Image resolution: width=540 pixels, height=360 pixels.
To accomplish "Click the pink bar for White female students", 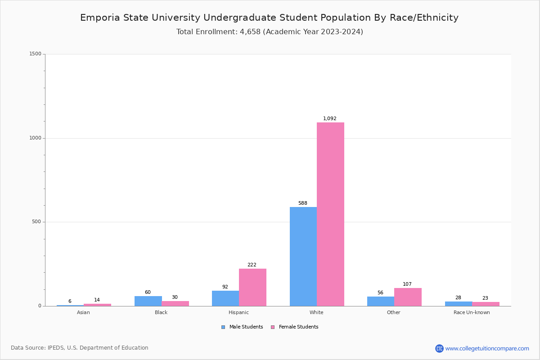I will pyautogui.click(x=330, y=214).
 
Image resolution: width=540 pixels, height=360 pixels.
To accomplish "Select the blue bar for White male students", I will pyautogui.click(x=303, y=256).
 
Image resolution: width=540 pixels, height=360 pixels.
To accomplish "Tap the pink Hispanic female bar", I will pyautogui.click(x=252, y=287).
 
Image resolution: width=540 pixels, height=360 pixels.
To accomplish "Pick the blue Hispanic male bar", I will pyautogui.click(x=225, y=298).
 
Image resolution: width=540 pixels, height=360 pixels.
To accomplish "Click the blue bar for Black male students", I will pyautogui.click(x=148, y=301).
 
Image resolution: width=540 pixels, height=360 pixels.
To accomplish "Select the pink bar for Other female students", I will pyautogui.click(x=408, y=297).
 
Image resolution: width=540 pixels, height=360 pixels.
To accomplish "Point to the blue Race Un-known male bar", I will pyautogui.click(x=458, y=304).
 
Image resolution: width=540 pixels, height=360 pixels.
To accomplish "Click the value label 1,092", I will pyautogui.click(x=329, y=119).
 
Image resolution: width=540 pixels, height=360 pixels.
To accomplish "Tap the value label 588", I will pyautogui.click(x=303, y=203).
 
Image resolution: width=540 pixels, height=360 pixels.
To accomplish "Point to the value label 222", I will pyautogui.click(x=252, y=265).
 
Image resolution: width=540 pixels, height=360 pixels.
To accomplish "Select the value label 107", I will pyautogui.click(x=407, y=284).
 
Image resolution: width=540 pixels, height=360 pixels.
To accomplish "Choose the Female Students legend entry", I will pyautogui.click(x=294, y=327).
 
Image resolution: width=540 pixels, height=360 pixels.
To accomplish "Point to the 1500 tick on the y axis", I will pyautogui.click(x=35, y=54).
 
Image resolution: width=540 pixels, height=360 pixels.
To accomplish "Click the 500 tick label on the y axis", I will pyautogui.click(x=36, y=222).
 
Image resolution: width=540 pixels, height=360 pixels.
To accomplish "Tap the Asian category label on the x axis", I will pyautogui.click(x=83, y=313).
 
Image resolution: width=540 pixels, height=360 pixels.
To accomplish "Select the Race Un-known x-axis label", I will pyautogui.click(x=472, y=313).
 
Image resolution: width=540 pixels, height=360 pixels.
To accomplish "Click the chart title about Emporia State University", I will pyautogui.click(x=269, y=18).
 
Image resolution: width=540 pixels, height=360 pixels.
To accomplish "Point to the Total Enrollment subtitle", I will pyautogui.click(x=270, y=32).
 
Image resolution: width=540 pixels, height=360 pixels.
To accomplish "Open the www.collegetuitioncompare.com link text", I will pyautogui.click(x=487, y=348).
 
